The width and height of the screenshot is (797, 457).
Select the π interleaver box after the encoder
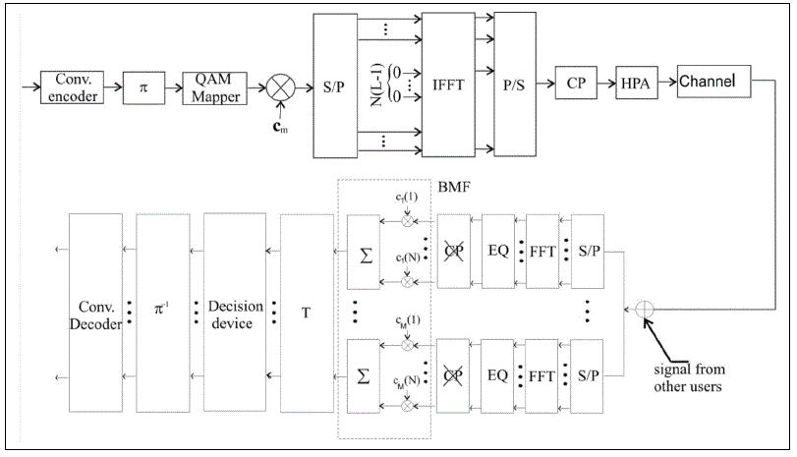coord(143,86)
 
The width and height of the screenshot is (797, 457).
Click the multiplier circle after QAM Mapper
coord(283,87)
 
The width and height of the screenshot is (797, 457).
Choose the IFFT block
coord(447,86)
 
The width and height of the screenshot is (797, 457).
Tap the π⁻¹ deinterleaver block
coord(161,311)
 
